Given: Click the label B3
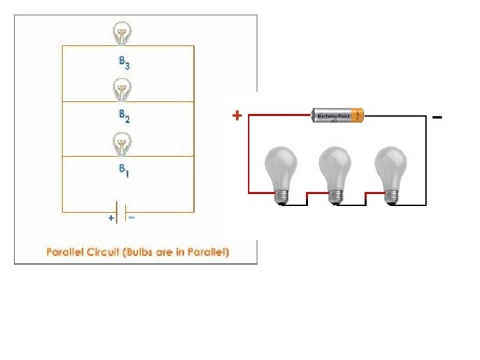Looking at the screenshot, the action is click(124, 63).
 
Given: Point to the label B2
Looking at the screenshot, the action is click(124, 117).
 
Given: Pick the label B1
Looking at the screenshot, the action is click(124, 171).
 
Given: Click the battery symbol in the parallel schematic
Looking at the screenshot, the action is click(121, 211).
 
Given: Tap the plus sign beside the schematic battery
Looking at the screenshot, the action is click(111, 218).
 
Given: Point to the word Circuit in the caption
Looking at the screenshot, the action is click(109, 252).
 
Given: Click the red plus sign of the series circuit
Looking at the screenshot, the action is click(237, 115).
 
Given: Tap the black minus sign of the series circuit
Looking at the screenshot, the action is click(437, 117).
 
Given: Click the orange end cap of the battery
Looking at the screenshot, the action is click(359, 115).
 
